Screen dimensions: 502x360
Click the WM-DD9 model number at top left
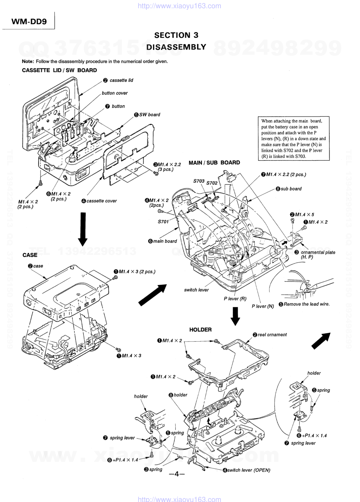pyautogui.click(x=29, y=21)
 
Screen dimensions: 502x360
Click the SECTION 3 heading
pyautogui.click(x=176, y=35)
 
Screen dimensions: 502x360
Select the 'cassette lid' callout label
pyautogui.click(x=121, y=80)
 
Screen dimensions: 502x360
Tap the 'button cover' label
pyautogui.click(x=115, y=93)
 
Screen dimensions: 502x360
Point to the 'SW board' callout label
pyautogui.click(x=149, y=115)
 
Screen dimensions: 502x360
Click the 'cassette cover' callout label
pyautogui.click(x=101, y=201)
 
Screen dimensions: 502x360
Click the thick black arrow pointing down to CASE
pyautogui.click(x=83, y=228)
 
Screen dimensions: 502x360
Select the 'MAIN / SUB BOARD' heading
pyautogui.click(x=214, y=163)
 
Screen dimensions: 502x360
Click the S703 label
pyautogui.click(x=199, y=181)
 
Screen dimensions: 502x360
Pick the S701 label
pyautogui.click(x=163, y=222)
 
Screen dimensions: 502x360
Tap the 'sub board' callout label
pyautogui.click(x=291, y=189)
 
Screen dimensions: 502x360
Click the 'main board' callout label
pyautogui.click(x=165, y=241)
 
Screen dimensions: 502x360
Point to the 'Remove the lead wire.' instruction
pyautogui.click(x=306, y=304)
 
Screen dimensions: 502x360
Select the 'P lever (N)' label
pyautogui.click(x=263, y=306)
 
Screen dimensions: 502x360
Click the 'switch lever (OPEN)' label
pyautogui.click(x=248, y=470)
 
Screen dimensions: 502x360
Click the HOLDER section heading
pyautogui.click(x=200, y=329)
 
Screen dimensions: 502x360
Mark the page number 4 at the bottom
pyautogui.click(x=176, y=474)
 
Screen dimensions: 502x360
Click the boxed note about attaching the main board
pyautogui.click(x=293, y=138)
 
